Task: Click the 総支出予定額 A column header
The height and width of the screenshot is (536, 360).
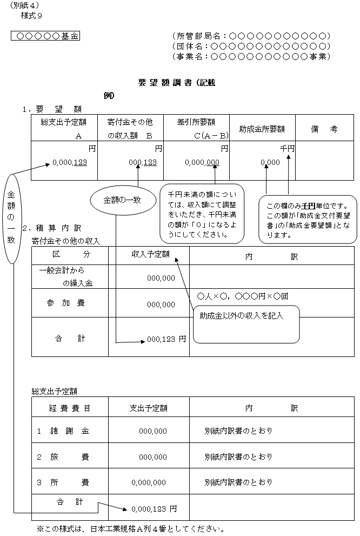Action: pyautogui.click(x=64, y=129)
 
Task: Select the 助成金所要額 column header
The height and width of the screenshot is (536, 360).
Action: pyautogui.click(x=262, y=129)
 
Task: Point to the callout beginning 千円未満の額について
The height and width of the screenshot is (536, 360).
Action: pyautogui.click(x=202, y=214)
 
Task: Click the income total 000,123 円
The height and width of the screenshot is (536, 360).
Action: pyautogui.click(x=166, y=339)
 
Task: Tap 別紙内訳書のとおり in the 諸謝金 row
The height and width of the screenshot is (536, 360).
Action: pyautogui.click(x=238, y=431)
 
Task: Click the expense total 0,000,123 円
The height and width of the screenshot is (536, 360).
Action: pyautogui.click(x=154, y=509)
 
